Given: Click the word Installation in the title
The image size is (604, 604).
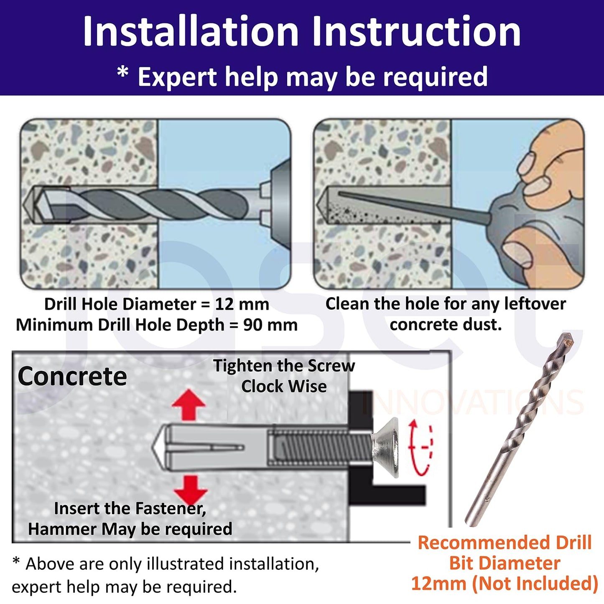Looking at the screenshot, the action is pos(191,31).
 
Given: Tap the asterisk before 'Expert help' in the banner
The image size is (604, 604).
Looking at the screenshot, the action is pos(123,73).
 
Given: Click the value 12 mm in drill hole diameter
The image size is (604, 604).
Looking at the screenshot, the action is pos(242,304).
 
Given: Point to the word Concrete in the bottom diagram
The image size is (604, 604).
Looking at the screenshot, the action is pos(72,376).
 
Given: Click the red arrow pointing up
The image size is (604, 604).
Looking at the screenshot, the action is pos(189,404).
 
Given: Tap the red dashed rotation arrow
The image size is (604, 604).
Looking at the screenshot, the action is pos(421,447).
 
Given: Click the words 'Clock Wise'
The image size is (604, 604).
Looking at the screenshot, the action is pos(284,386).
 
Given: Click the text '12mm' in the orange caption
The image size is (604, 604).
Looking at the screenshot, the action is pos(439,584).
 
